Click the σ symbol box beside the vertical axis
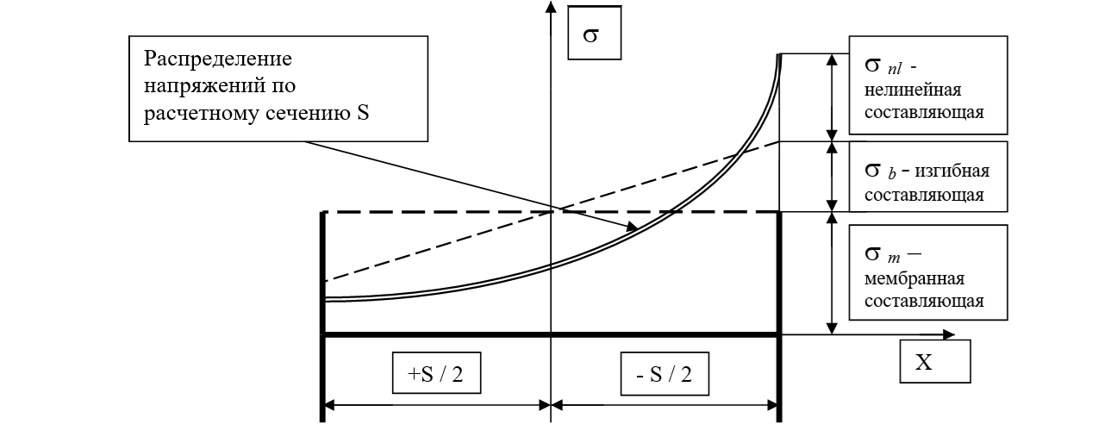594,33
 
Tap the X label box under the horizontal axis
935,362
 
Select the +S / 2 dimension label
436,373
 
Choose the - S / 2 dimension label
665,374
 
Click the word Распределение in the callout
218,59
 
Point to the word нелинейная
913,90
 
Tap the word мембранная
914,278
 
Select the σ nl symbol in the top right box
883,65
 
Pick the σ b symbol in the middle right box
881,171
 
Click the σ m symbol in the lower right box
883,255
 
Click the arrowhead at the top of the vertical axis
551,7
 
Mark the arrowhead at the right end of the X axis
948,334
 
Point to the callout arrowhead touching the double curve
633,227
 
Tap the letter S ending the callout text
363,113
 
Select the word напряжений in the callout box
204,86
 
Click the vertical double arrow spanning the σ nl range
831,97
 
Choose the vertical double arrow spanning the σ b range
831,177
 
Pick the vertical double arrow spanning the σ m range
831,273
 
